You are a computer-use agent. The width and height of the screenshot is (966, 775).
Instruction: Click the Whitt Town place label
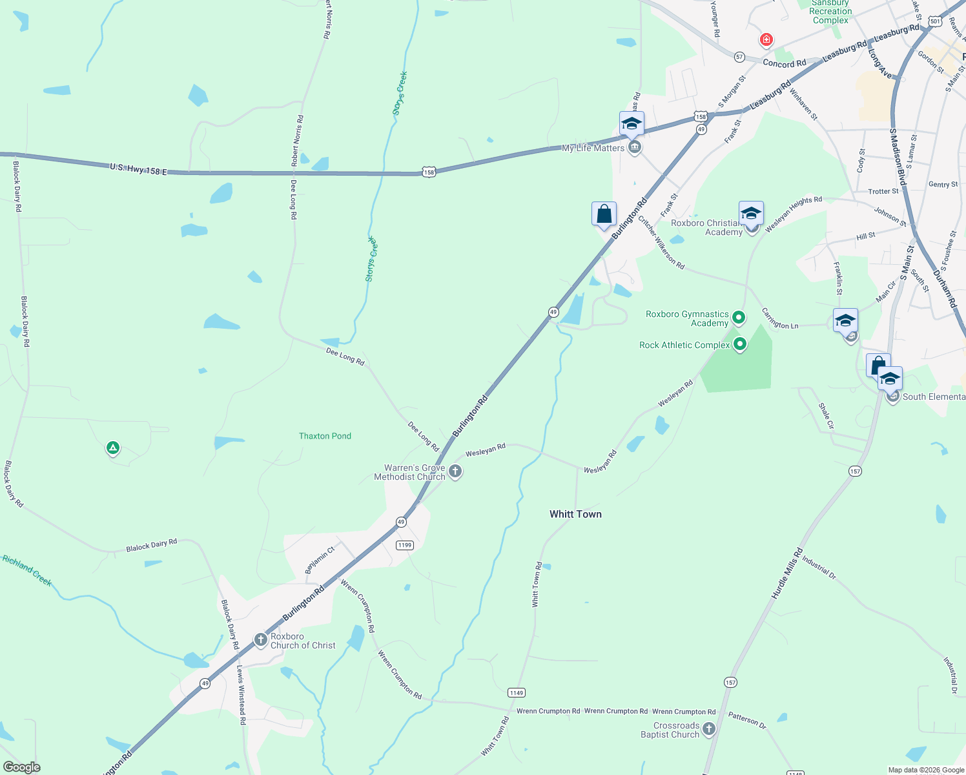(x=575, y=514)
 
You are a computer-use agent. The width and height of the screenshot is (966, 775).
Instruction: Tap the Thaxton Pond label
(x=325, y=436)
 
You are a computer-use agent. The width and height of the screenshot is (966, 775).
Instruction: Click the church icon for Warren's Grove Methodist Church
(x=455, y=471)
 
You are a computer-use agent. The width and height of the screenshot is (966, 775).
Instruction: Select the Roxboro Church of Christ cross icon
(x=260, y=640)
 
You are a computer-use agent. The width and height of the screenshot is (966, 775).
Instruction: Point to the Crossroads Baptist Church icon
(x=709, y=729)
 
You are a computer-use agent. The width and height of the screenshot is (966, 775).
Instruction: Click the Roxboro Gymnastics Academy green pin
(x=739, y=318)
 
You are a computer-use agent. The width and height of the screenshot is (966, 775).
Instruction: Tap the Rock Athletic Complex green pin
(x=740, y=344)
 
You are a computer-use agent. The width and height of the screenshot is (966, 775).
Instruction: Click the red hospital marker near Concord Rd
(x=766, y=40)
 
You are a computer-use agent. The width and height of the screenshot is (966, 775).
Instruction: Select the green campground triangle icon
(x=113, y=447)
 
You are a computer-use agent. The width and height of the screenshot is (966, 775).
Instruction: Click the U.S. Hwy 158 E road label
(x=138, y=169)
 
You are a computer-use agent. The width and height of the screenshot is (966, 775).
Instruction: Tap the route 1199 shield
(x=404, y=545)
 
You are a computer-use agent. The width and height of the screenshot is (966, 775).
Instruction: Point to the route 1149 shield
(x=516, y=692)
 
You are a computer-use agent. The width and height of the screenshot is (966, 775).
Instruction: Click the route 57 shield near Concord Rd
(x=739, y=57)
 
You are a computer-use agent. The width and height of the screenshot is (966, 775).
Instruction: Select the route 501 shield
(x=934, y=21)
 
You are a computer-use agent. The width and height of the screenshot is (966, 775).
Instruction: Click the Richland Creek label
(x=27, y=570)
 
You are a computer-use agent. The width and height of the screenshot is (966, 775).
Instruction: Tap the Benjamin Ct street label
(x=320, y=559)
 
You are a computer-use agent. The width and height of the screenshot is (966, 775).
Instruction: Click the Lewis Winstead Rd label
(x=241, y=694)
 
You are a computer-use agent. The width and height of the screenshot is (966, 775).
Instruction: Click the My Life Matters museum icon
(x=634, y=148)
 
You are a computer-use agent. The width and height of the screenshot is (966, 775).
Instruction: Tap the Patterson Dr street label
(x=747, y=720)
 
